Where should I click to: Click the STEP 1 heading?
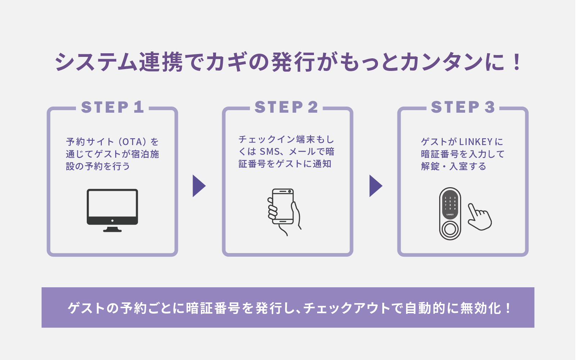click(112, 107)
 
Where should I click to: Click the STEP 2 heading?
click(287, 107)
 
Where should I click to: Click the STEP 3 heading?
click(463, 107)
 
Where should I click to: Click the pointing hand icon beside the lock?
click(479, 217)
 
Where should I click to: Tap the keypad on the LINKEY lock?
click(450, 203)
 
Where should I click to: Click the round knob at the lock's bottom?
click(450, 229)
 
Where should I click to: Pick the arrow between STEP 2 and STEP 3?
click(375, 186)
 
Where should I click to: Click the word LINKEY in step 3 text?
click(476, 142)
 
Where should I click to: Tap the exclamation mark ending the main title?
click(517, 62)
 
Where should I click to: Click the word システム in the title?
click(96, 62)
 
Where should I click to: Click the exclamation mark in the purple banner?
click(508, 308)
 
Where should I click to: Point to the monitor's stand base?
click(112, 230)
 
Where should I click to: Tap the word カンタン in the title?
click(441, 62)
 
